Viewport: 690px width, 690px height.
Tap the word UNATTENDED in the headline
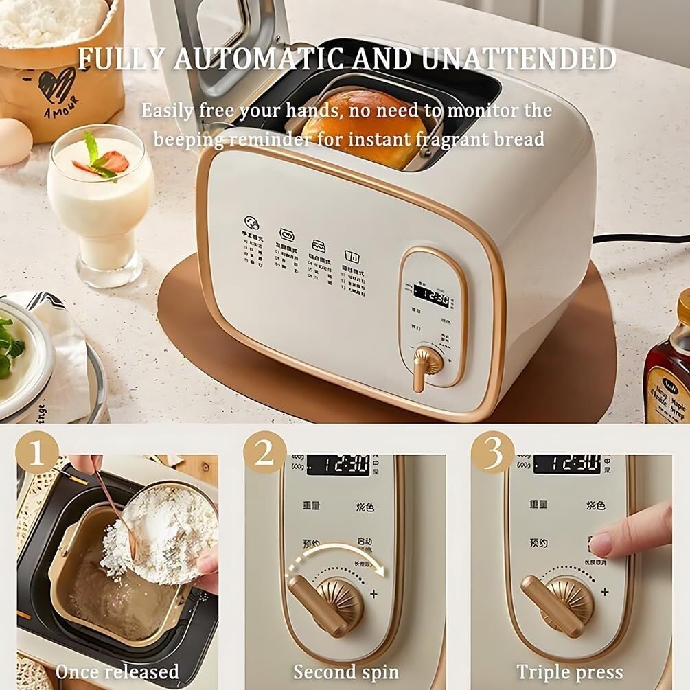coord(519,60)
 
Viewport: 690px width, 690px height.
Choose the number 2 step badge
coord(265,452)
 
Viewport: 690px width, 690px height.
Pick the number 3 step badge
coord(492,452)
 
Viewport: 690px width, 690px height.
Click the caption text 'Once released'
coord(117,671)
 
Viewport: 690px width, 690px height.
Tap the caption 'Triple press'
coord(570,671)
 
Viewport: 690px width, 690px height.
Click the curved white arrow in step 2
coord(336,553)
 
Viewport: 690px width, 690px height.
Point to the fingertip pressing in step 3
coord(601,544)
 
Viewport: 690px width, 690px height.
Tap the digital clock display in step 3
coord(566,464)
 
